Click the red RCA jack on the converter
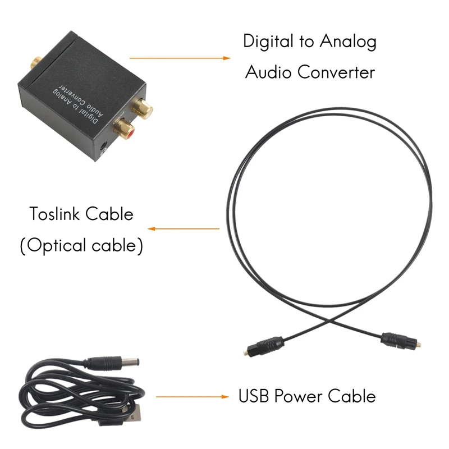coord(122,130)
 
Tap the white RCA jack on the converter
coord(143,107)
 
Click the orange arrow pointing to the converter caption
coord(180,57)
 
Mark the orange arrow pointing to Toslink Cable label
coord(183,229)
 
